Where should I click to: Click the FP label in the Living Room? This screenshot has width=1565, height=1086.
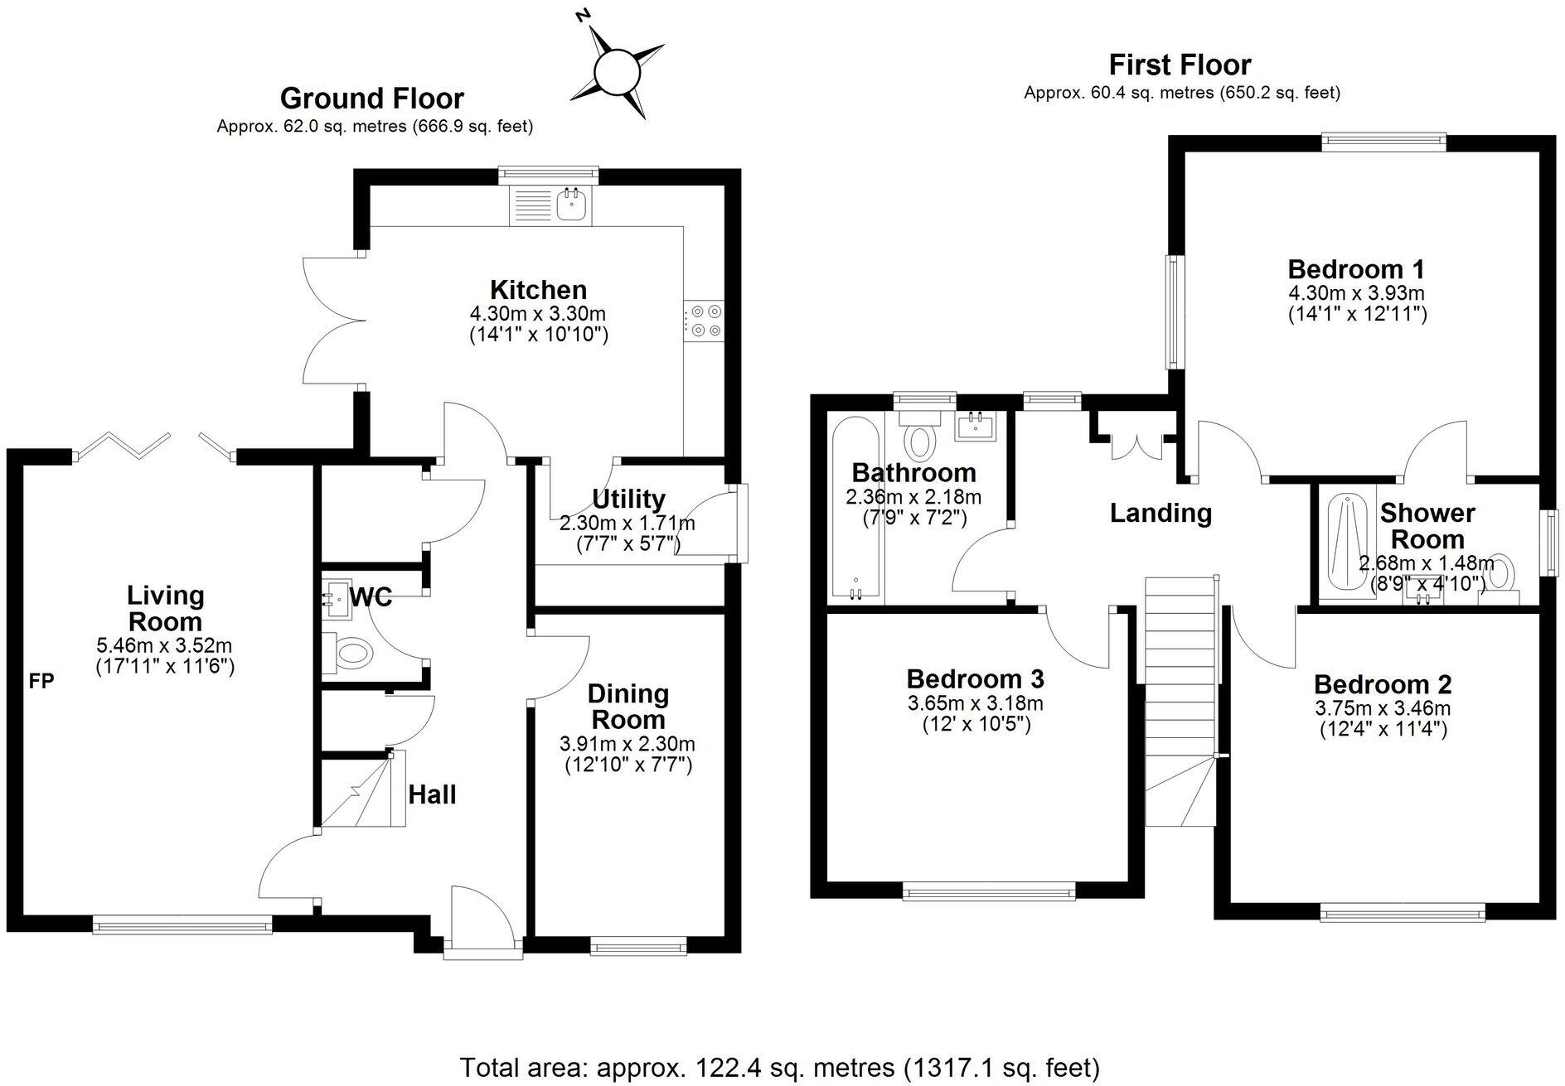click(41, 681)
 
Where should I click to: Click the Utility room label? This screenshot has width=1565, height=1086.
click(628, 500)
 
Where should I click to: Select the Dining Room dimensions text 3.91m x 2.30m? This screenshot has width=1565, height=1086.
click(627, 743)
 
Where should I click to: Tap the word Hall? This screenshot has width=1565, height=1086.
click(432, 794)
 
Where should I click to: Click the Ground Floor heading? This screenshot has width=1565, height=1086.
click(372, 99)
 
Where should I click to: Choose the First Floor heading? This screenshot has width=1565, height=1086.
click(1180, 65)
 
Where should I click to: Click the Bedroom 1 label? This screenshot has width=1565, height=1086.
click(1356, 269)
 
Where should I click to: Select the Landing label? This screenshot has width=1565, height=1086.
click(1160, 513)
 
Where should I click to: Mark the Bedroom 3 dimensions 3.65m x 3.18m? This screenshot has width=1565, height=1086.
click(975, 703)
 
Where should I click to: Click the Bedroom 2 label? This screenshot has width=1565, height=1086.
click(1383, 684)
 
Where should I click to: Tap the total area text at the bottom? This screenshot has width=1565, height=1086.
click(779, 1065)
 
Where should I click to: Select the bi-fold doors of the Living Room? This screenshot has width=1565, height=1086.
click(154, 445)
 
